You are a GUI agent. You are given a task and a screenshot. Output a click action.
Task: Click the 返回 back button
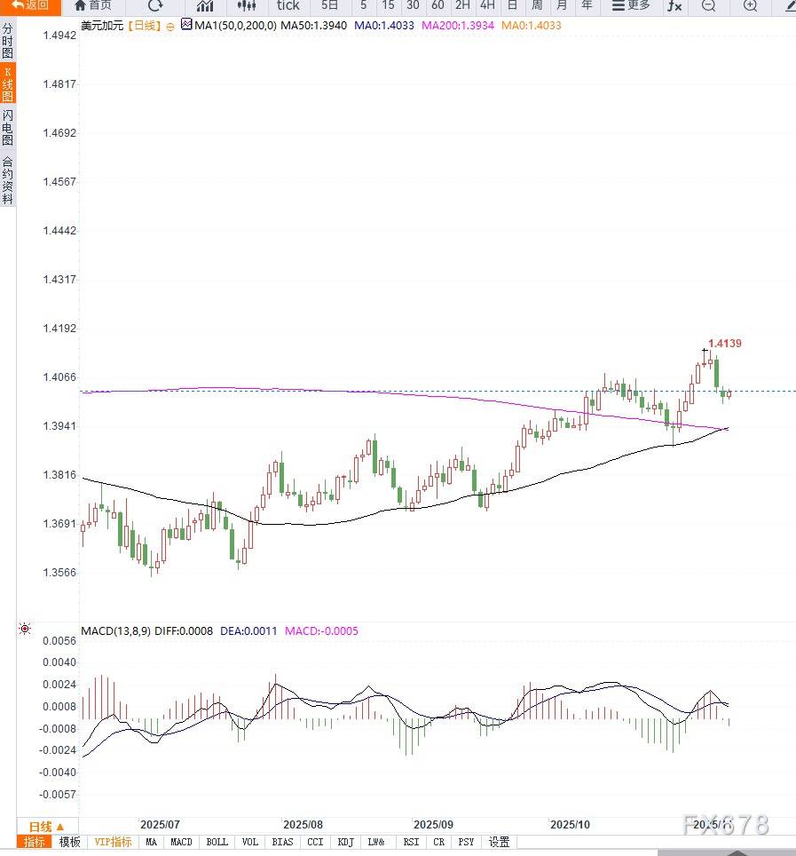tap(30, 5)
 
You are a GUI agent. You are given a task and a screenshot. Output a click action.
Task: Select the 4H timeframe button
tap(487, 5)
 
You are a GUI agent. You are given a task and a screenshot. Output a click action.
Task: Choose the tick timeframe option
tap(288, 5)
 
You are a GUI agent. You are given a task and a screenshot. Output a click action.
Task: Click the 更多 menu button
tap(631, 5)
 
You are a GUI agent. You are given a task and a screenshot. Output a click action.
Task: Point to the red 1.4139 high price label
tap(724, 343)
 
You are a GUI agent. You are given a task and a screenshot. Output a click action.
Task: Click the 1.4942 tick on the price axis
tap(60, 36)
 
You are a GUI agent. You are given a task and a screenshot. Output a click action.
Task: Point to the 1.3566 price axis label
tap(60, 572)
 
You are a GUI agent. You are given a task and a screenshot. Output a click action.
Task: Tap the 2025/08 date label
tap(303, 824)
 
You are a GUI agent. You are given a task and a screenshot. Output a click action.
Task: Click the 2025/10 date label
tap(570, 824)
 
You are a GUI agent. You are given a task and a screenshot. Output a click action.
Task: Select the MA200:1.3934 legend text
tap(458, 26)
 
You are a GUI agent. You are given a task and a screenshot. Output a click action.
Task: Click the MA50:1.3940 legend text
tap(314, 26)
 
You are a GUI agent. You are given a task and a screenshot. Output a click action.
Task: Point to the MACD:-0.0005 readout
tap(321, 631)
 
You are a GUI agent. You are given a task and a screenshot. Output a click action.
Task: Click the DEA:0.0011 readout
tap(248, 631)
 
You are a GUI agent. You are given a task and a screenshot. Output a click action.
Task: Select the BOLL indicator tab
tap(217, 842)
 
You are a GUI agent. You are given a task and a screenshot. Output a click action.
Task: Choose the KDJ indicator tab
tap(345, 842)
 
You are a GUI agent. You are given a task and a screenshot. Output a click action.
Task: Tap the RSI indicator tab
tap(411, 842)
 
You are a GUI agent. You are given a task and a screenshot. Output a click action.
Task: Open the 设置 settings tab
tap(500, 842)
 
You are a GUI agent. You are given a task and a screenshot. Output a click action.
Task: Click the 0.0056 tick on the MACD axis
tap(60, 640)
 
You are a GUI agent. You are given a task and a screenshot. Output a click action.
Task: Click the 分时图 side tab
tap(7, 41)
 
